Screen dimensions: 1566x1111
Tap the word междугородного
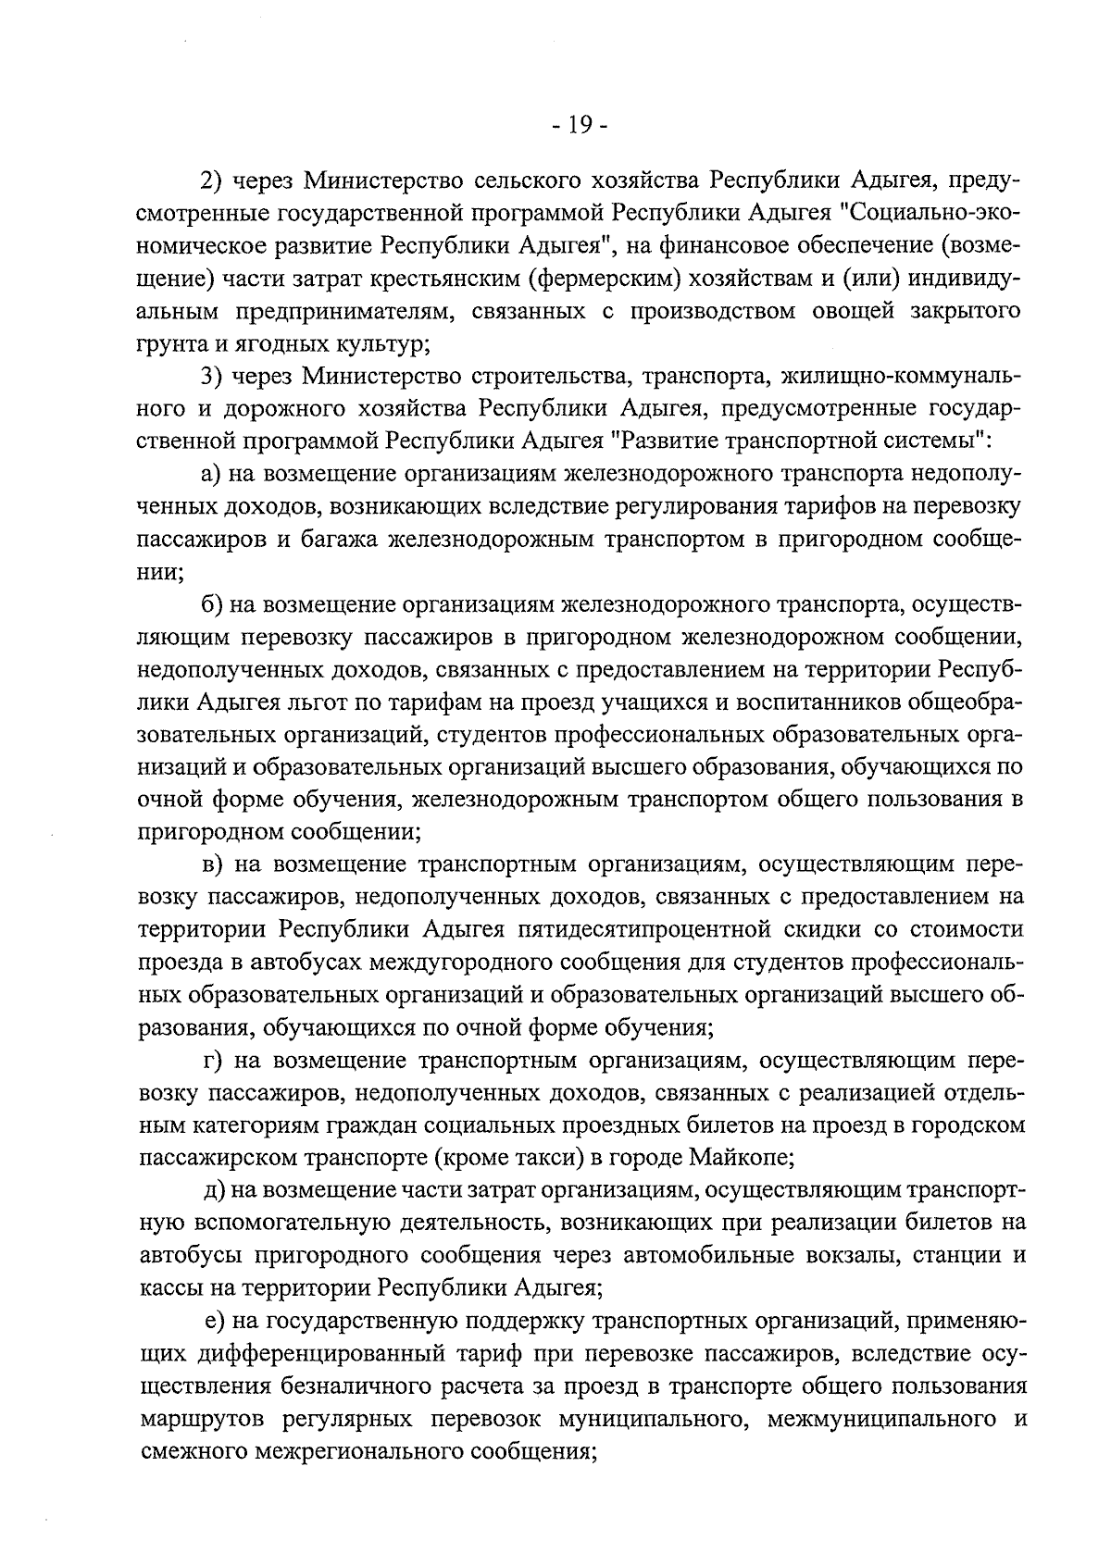coord(460,962)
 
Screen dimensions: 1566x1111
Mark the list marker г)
coord(213,1060)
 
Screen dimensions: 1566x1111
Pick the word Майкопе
coord(743,1157)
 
